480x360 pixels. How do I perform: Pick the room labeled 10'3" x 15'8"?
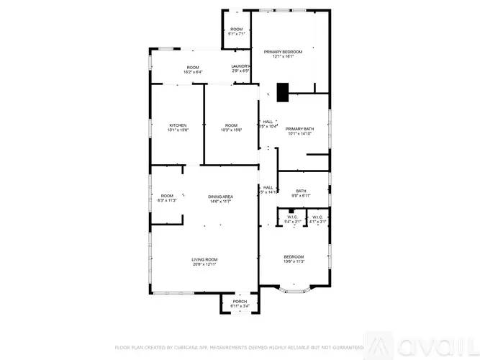231,127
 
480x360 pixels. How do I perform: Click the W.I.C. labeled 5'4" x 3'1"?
292,219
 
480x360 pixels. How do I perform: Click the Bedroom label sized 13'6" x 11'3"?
294,259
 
